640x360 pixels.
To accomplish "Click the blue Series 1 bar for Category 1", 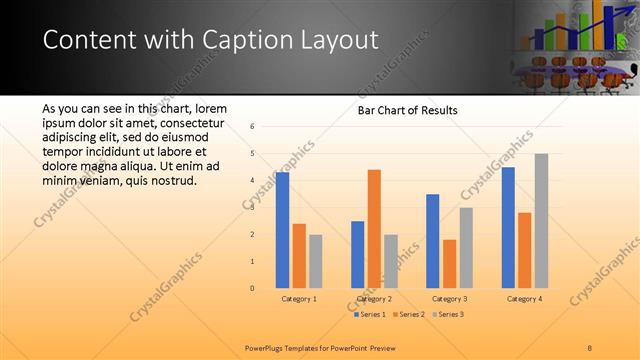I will [283, 230].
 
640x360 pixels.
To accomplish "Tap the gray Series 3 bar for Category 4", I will [541, 220].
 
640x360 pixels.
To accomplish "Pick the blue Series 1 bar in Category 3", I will [433, 241].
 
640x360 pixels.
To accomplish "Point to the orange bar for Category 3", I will [449, 263].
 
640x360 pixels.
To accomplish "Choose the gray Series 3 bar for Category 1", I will [315, 261].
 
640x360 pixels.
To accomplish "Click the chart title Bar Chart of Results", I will [408, 110].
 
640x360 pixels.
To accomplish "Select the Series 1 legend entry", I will [370, 315].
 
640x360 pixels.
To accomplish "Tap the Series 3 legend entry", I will [448, 315].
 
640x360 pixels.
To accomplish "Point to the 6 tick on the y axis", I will [253, 126].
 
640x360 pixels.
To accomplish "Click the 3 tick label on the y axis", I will [253, 207].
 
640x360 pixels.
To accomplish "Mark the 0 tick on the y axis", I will [253, 288].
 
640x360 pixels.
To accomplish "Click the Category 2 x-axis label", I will [373, 299].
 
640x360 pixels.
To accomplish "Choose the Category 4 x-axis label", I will [524, 299].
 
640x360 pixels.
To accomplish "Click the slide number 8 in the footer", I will [590, 346].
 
